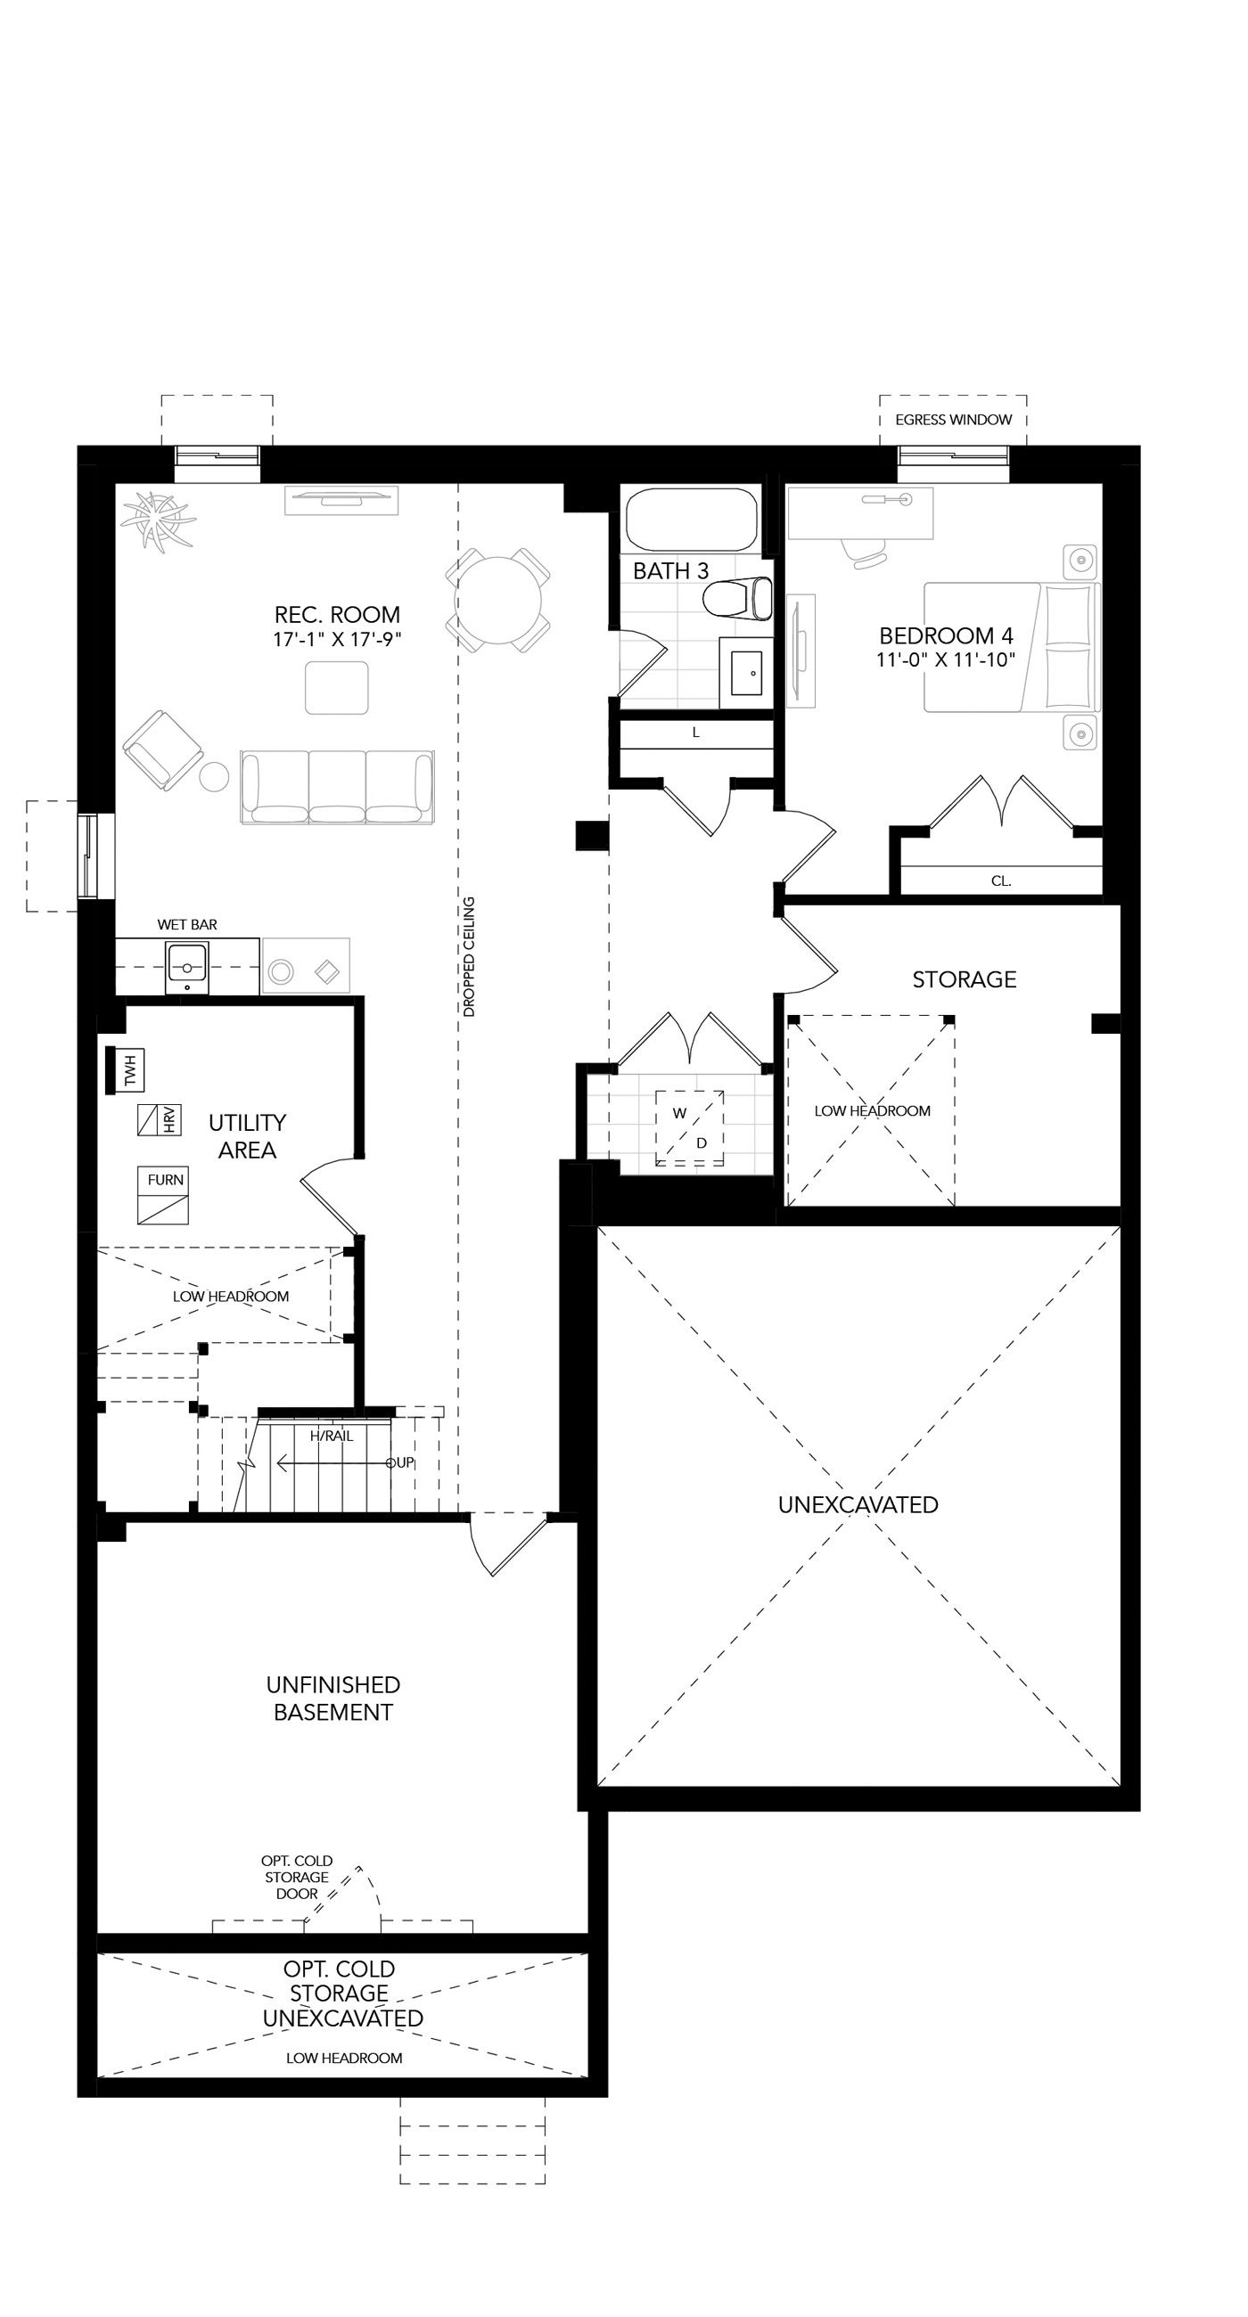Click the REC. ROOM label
click(338, 615)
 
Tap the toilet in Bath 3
click(738, 599)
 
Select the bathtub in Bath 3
click(692, 520)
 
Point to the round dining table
click(498, 600)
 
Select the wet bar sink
click(187, 968)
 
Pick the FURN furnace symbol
click(163, 1195)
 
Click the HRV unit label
click(170, 1120)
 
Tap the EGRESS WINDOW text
click(953, 420)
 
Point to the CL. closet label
click(1000, 881)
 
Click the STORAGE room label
click(965, 979)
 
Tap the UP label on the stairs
click(401, 1462)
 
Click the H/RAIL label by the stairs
click(332, 1437)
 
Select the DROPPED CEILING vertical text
click(469, 956)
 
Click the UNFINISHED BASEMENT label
click(333, 1699)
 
